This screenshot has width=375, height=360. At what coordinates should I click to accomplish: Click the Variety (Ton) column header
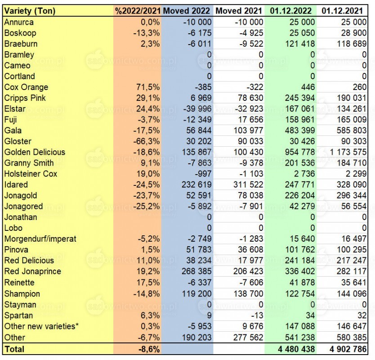tap(30, 11)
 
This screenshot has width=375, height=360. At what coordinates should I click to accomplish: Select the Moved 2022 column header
tap(187, 11)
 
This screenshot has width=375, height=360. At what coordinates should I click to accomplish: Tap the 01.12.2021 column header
tap(342, 11)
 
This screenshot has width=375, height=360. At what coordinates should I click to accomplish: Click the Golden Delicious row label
tap(35, 152)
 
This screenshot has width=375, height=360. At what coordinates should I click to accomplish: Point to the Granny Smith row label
tap(29, 163)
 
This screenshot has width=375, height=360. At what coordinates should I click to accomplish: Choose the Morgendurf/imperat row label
tap(40, 239)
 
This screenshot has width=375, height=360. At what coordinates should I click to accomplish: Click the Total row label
tap(14, 349)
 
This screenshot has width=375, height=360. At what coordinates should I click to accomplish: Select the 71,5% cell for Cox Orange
tap(148, 87)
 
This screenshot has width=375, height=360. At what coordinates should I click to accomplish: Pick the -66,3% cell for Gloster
tap(147, 141)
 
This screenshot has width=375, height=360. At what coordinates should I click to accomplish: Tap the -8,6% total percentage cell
tap(149, 349)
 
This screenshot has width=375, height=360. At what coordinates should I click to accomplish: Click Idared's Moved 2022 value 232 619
tap(196, 185)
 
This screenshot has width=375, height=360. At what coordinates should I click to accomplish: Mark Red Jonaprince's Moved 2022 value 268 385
tap(196, 271)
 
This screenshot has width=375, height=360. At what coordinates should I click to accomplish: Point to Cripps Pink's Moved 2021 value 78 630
tap(250, 98)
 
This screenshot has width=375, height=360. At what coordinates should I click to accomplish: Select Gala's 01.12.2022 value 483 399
tap(300, 130)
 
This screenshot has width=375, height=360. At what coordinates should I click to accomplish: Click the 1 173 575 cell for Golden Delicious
tap(348, 152)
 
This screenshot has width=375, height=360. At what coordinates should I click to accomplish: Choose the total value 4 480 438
tap(296, 349)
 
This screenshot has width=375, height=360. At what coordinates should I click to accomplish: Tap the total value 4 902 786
tap(348, 349)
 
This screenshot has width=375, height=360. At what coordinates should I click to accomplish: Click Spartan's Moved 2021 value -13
tap(257, 315)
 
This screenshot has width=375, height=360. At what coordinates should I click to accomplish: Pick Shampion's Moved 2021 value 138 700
tap(249, 294)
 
